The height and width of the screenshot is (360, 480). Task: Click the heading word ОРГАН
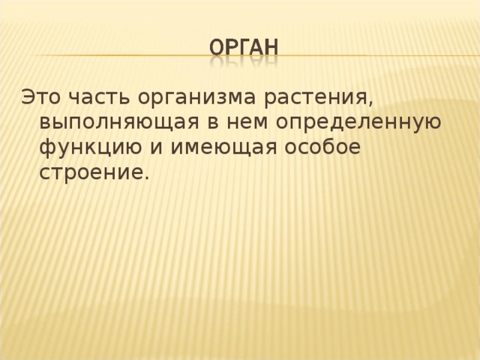point(244,48)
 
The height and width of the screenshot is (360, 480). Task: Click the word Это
point(41,97)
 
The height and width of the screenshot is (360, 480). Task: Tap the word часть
point(99,98)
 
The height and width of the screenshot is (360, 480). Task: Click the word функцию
point(91,147)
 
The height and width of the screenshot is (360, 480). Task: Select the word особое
point(322,146)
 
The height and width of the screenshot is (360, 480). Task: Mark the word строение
point(91,172)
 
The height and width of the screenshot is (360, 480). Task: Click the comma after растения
point(370,103)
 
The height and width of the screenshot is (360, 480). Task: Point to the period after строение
point(146,178)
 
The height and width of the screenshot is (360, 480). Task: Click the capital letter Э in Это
point(27,97)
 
